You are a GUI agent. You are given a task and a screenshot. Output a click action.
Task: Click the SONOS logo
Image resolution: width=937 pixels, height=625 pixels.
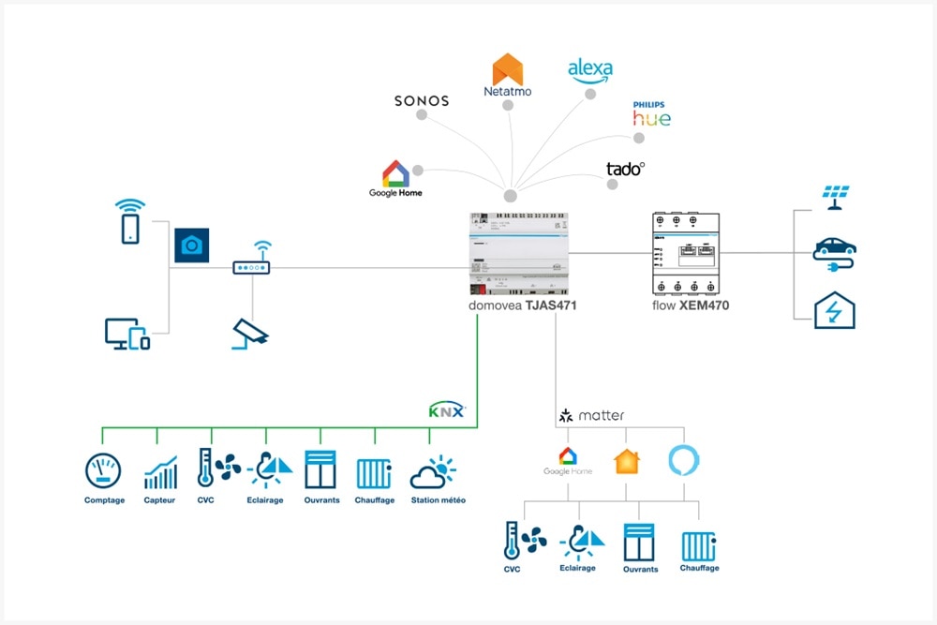click(x=422, y=100)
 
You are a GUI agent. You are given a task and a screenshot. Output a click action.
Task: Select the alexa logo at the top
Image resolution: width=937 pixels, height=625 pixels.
click(x=590, y=71)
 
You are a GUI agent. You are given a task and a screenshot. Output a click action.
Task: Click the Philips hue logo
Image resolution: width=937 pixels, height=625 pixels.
click(x=651, y=114)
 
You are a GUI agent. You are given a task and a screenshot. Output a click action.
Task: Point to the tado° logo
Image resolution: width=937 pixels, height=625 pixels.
click(x=625, y=170)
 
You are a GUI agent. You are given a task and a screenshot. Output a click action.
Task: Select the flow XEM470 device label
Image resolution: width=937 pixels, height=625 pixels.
click(x=691, y=305)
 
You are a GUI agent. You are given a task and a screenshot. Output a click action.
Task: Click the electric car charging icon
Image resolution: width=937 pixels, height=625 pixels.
click(x=834, y=250)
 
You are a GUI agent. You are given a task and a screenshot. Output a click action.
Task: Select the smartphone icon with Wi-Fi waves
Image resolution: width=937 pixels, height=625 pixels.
click(x=130, y=221)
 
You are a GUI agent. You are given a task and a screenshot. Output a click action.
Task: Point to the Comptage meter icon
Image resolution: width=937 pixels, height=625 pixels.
click(x=103, y=470)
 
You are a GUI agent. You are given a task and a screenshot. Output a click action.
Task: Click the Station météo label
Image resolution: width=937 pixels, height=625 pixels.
click(x=437, y=500)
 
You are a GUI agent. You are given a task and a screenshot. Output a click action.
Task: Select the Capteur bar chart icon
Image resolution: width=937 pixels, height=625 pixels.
click(x=160, y=472)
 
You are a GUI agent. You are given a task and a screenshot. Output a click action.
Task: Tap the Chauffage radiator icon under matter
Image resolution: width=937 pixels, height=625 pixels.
click(x=698, y=545)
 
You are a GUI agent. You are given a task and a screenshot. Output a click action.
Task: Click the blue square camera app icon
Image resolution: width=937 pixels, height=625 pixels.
click(x=191, y=245)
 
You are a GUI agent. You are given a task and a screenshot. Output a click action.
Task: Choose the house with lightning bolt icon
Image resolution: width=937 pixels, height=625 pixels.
click(x=834, y=310)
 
